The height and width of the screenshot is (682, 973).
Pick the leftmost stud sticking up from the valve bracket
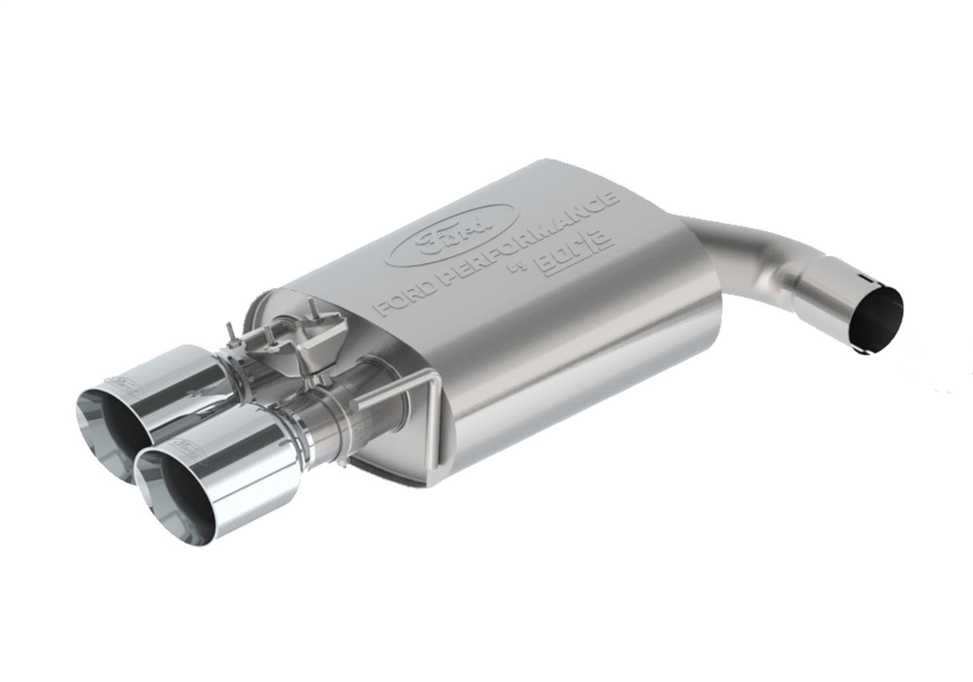click(x=231, y=331)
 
